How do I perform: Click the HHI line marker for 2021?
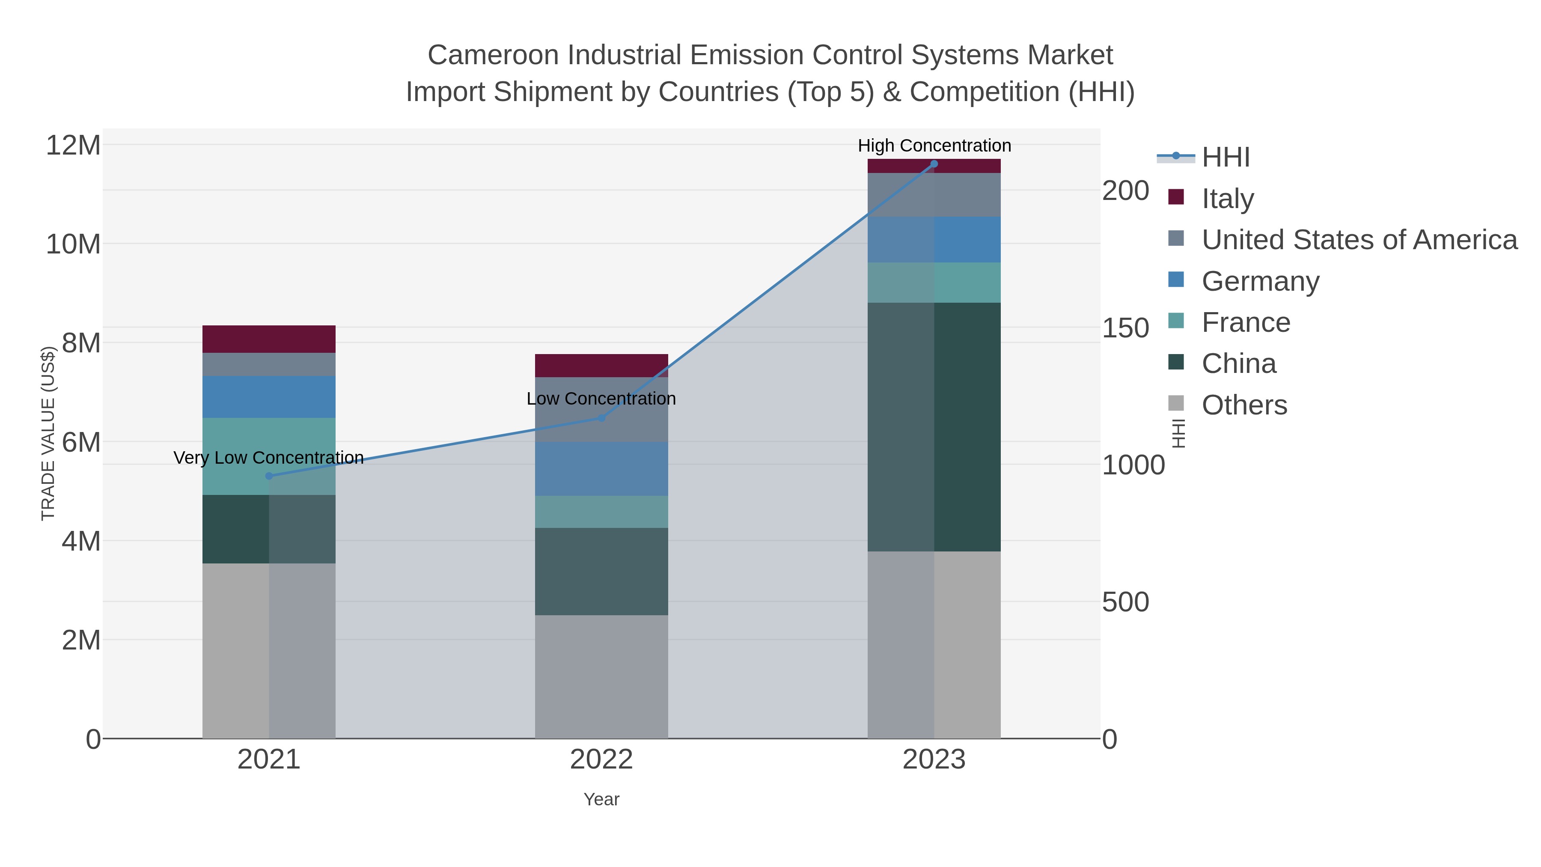(x=268, y=476)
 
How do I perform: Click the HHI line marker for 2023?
(x=934, y=164)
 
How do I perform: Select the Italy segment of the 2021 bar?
(x=268, y=339)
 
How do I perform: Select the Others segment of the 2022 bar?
(x=601, y=676)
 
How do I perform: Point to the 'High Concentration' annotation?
(x=934, y=146)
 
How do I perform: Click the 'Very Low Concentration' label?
(x=268, y=458)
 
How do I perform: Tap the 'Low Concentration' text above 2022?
(x=601, y=399)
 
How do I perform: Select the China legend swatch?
(x=1175, y=362)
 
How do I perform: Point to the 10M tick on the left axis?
(x=73, y=244)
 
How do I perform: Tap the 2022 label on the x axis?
(x=601, y=759)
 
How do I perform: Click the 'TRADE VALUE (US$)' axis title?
(x=48, y=433)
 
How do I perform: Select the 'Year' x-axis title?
(x=601, y=799)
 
